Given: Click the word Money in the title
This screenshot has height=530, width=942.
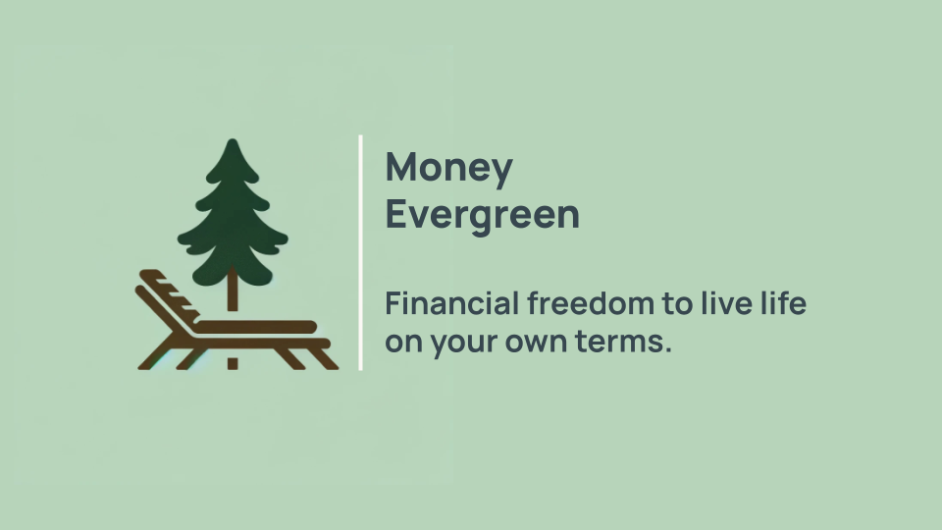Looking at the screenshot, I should (x=448, y=169).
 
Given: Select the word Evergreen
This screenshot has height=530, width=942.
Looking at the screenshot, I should (x=482, y=214).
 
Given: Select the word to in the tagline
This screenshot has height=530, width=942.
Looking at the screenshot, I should (x=677, y=304).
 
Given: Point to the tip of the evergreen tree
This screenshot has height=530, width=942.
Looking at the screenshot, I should (x=233, y=142).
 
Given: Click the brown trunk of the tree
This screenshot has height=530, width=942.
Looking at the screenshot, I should (x=233, y=294).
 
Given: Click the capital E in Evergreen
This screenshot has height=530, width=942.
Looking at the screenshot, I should (x=394, y=214).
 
